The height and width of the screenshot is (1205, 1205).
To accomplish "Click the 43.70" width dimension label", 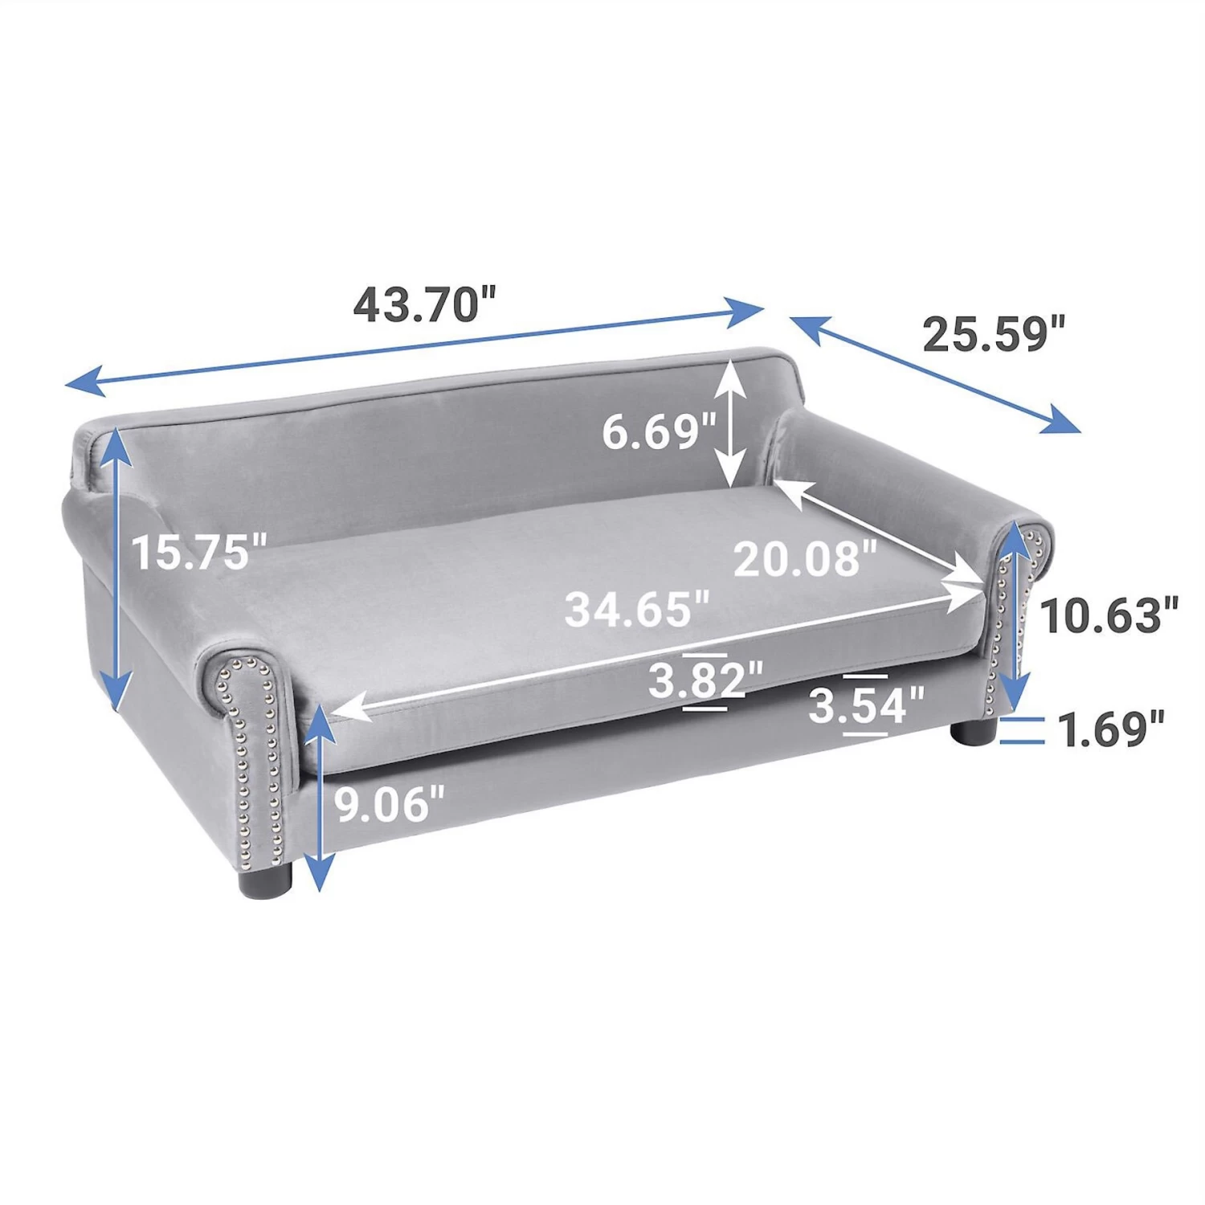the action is [x=426, y=304].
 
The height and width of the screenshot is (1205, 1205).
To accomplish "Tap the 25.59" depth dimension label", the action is [x=994, y=333].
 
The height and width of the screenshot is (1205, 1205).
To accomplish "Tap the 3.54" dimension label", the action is [x=866, y=706].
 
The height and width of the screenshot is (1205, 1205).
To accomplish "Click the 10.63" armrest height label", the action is [x=1109, y=615].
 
